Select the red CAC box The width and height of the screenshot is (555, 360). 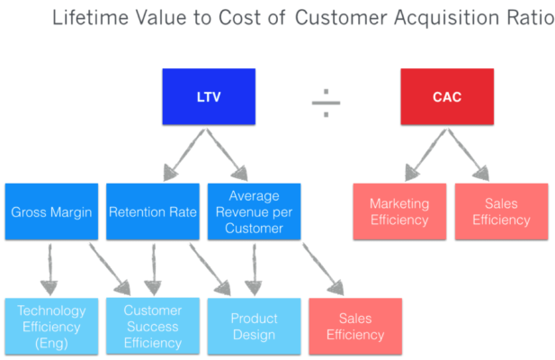tap(447, 96)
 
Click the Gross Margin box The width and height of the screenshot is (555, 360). tap(50, 212)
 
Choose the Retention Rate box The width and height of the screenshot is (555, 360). tap(152, 212)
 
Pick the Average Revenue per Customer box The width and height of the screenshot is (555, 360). tap(254, 212)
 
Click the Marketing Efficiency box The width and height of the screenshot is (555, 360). tap(399, 212)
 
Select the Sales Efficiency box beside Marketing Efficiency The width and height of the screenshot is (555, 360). tap(501, 212)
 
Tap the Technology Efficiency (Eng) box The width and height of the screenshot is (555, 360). tap(50, 326)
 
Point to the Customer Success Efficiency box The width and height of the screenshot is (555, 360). tap(152, 326)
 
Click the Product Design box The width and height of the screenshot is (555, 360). tap(254, 326)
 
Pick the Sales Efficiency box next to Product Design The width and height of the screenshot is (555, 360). tap(355, 326)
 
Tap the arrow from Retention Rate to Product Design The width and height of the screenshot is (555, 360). tap(210, 268)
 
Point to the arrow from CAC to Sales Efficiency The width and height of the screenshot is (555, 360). tap(468, 153)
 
